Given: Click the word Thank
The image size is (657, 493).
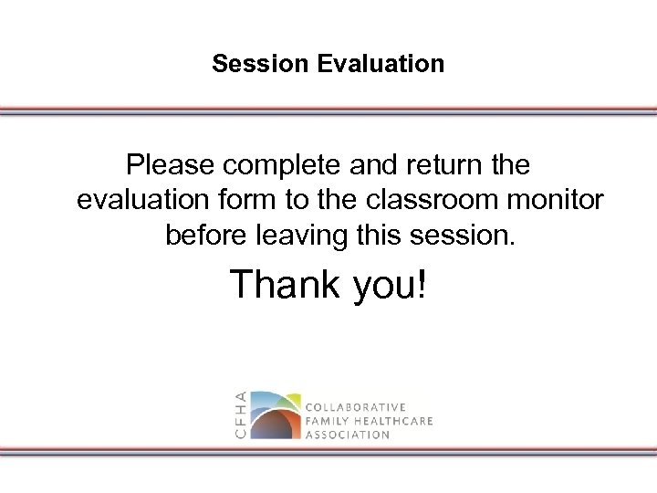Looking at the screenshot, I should coord(283,285).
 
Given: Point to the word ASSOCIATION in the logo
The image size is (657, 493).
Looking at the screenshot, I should coord(348,435).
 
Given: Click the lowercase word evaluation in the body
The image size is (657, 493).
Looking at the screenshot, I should coord(141,201).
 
